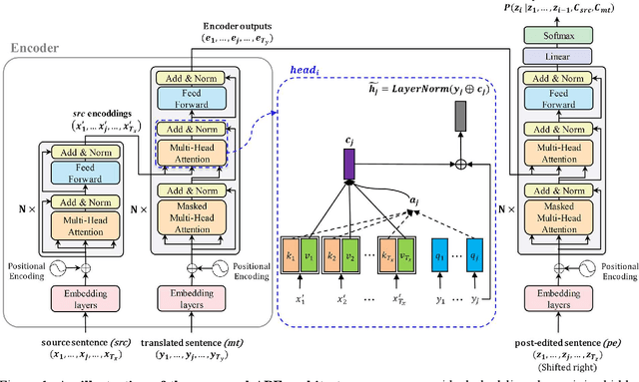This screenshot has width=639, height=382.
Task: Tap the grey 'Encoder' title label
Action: click(x=34, y=47)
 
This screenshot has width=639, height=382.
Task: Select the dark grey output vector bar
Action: click(x=460, y=118)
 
